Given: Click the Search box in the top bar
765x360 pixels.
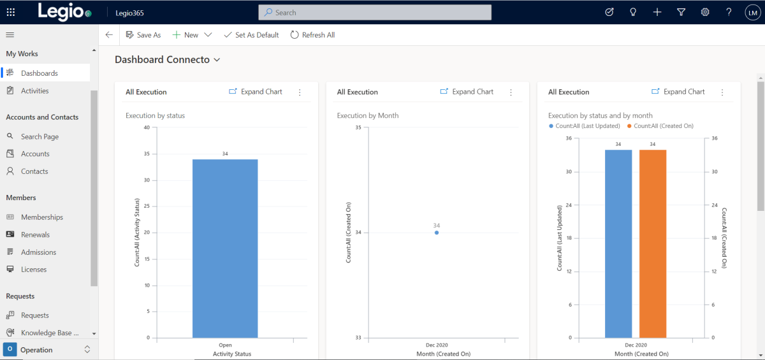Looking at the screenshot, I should click(x=375, y=12).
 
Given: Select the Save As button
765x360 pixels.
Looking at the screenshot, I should click(x=143, y=35).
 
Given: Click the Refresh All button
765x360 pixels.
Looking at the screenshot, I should click(x=312, y=35).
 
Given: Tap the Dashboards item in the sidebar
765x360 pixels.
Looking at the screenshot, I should click(x=39, y=73).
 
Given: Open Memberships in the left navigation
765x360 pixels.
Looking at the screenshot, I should click(x=41, y=217).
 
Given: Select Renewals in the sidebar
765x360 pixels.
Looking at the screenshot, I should click(x=35, y=234).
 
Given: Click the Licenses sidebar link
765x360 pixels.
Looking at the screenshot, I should click(x=33, y=270).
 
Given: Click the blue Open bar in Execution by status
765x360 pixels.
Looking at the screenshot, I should click(x=225, y=248).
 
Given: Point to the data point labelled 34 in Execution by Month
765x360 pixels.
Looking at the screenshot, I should click(x=437, y=233).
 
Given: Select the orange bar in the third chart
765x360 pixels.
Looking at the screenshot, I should click(x=653, y=243).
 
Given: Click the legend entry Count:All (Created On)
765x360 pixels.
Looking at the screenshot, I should click(x=663, y=126).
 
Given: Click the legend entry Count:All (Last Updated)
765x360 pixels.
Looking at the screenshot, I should click(x=584, y=126).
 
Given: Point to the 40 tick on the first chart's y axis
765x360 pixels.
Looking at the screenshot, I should click(x=147, y=127).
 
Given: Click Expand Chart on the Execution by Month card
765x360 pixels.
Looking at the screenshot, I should click(x=467, y=92).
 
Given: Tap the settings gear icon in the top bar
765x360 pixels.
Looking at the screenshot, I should click(x=705, y=12).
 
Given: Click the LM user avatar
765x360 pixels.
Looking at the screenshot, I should click(x=752, y=12).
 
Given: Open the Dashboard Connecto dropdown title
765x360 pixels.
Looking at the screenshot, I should click(x=168, y=59).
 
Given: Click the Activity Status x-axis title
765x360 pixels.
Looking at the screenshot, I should click(x=231, y=354).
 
